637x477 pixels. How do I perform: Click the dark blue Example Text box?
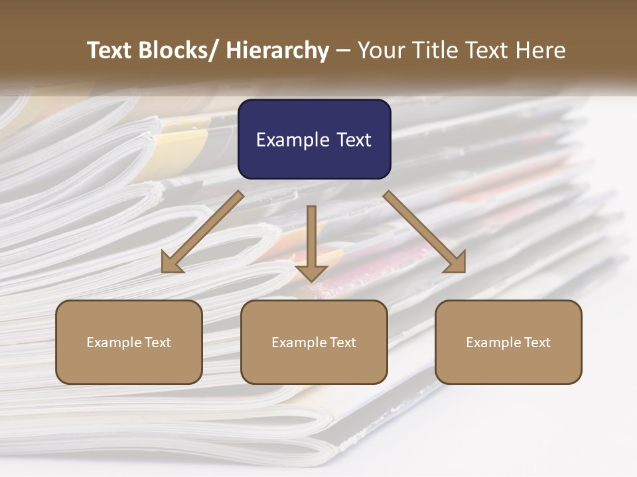pos(314,139)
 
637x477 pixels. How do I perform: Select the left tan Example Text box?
pos(129,342)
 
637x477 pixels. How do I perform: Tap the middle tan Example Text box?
pos(314,342)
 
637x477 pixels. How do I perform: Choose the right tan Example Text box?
pos(508,342)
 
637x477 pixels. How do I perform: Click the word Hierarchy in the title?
pos(277,50)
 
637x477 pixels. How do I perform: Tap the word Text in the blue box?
pos(354,140)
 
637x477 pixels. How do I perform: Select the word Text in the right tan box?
pos(537,343)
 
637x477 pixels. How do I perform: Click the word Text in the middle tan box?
pos(342,343)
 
